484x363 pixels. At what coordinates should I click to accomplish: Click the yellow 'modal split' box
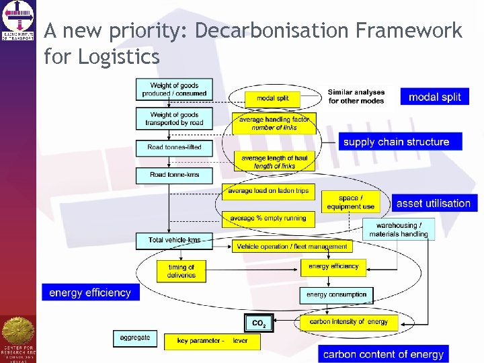click(272, 98)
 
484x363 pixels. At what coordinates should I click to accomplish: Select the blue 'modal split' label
click(434, 97)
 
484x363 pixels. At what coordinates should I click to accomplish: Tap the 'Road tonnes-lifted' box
click(174, 147)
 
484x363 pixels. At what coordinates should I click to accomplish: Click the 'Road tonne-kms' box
click(174, 175)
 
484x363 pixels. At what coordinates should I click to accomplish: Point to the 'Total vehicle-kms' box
click(174, 240)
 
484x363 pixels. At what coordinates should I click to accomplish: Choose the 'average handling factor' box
click(274, 123)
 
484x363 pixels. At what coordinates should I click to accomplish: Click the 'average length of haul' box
click(274, 162)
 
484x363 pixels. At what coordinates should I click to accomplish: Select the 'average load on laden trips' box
click(268, 191)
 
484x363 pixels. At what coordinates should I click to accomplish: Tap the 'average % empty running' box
click(268, 218)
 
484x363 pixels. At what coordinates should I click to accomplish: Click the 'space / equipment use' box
click(350, 202)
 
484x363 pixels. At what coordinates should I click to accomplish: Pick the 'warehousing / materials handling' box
click(398, 230)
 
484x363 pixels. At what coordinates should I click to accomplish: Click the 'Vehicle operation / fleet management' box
click(292, 247)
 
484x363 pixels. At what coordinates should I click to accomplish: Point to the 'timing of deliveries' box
click(181, 271)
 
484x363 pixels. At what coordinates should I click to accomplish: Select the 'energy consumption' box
click(336, 294)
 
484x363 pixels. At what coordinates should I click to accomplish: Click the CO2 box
click(259, 323)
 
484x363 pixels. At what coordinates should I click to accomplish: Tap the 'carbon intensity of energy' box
click(348, 322)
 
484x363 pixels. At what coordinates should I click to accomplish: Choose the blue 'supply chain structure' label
click(396, 142)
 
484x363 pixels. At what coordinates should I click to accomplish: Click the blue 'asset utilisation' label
click(433, 203)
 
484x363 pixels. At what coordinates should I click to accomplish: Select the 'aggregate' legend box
click(135, 337)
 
